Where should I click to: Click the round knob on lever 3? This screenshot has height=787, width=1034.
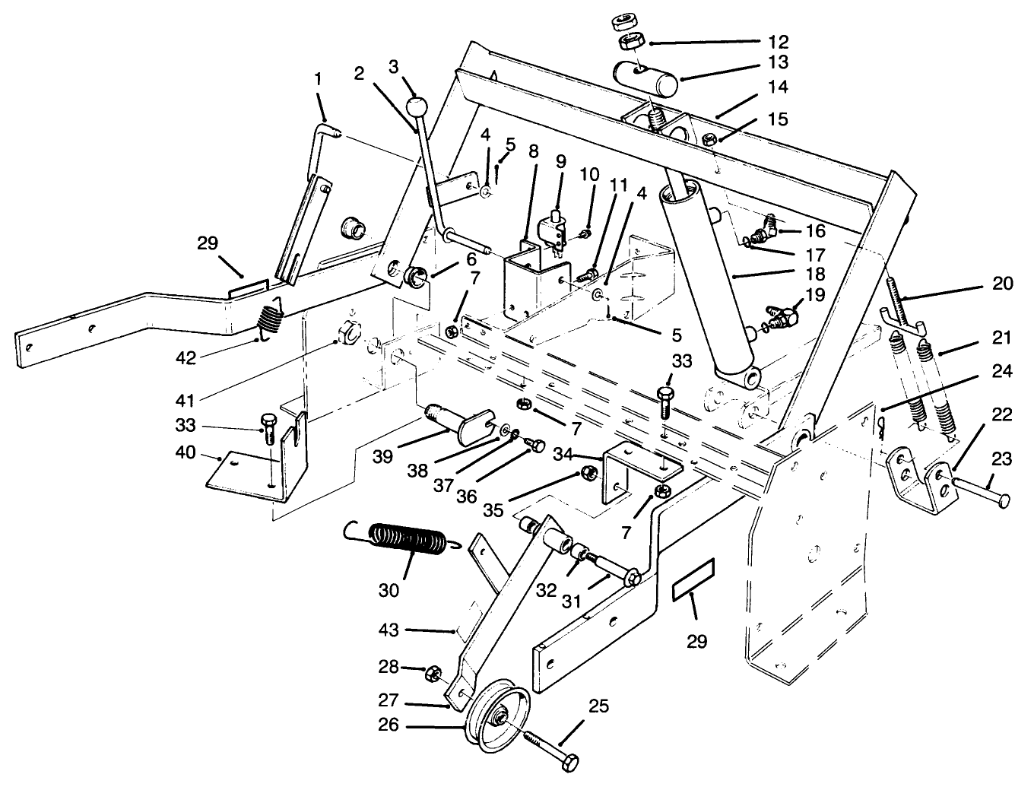[415, 106]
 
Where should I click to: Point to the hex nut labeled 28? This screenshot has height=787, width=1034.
[432, 673]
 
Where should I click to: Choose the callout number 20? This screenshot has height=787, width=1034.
[1002, 283]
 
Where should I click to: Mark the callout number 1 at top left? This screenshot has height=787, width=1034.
[318, 78]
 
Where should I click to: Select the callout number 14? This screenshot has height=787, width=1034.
[777, 87]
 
